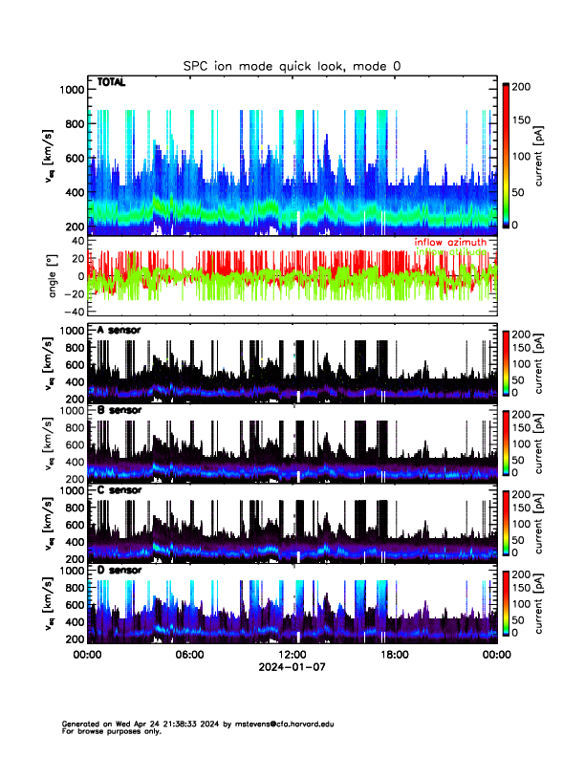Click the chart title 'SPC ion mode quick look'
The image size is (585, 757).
pos(293,65)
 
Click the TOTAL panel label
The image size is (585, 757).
pos(111,83)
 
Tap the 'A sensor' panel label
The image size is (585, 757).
pos(119,330)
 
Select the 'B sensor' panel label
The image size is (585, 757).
pos(119,410)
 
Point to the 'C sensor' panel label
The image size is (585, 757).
pos(119,490)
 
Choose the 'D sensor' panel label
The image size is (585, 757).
pos(119,571)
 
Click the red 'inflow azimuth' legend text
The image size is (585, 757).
pos(449,242)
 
